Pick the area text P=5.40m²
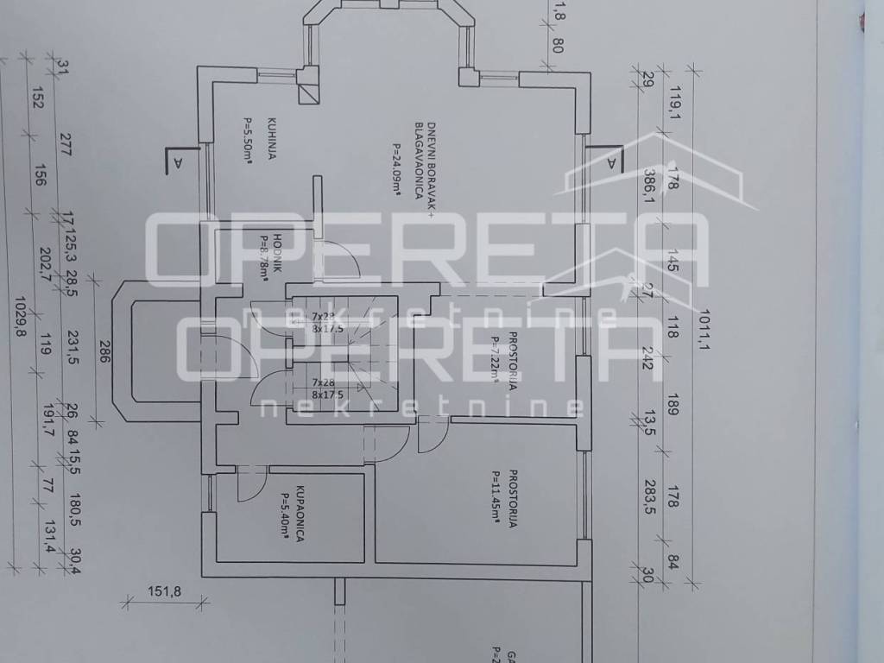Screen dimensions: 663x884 pyautogui.click(x=285, y=515)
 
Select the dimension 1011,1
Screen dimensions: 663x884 pyautogui.click(x=704, y=332)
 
